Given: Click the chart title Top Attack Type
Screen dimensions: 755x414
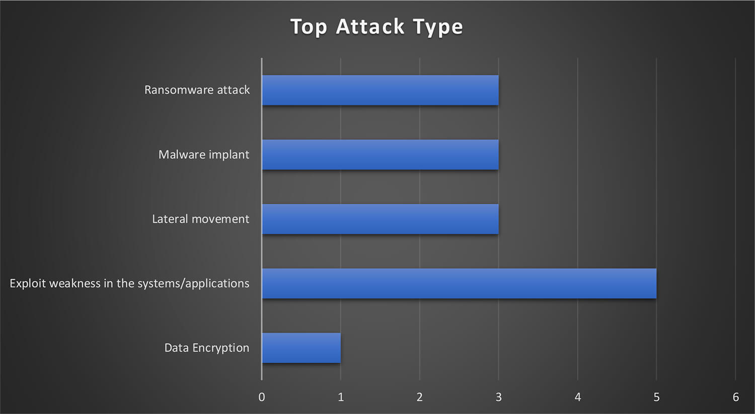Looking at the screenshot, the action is pyautogui.click(x=376, y=27).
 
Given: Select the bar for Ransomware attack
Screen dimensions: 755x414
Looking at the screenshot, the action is pyautogui.click(x=380, y=90).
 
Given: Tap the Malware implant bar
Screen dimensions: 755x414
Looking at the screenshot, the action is pyautogui.click(x=380, y=154).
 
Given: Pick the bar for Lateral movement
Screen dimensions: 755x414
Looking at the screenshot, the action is pyautogui.click(x=380, y=219).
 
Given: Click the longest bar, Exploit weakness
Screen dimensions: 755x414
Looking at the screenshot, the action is pyautogui.click(x=460, y=283).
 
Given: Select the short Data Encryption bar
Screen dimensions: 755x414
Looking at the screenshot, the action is pyautogui.click(x=301, y=348).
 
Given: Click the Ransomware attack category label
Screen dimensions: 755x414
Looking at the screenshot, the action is pyautogui.click(x=197, y=90).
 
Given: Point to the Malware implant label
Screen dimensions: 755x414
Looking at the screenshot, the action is pyautogui.click(x=204, y=154).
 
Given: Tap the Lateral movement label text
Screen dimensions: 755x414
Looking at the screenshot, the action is pyautogui.click(x=200, y=219).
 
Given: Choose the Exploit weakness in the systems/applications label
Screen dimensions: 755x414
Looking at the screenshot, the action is pyautogui.click(x=129, y=284).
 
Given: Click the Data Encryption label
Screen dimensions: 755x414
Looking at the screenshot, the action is pyautogui.click(x=206, y=348).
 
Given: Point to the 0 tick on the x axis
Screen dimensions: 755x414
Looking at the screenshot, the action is pyautogui.click(x=262, y=397).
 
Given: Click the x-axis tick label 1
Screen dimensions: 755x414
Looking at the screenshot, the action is pyautogui.click(x=341, y=397).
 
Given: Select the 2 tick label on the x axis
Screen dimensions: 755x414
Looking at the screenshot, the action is pyautogui.click(x=420, y=397).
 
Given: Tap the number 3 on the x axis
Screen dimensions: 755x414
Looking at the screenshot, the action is pyautogui.click(x=498, y=397).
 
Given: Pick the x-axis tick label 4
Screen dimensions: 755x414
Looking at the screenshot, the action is pyautogui.click(x=578, y=397).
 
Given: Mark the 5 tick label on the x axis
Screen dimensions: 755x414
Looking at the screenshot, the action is pyautogui.click(x=656, y=397).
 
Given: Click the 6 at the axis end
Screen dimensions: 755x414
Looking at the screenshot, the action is pyautogui.click(x=736, y=397).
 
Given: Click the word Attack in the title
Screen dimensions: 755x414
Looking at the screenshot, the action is pyautogui.click(x=370, y=26).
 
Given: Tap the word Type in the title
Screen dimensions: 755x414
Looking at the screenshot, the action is pyautogui.click(x=438, y=28).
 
